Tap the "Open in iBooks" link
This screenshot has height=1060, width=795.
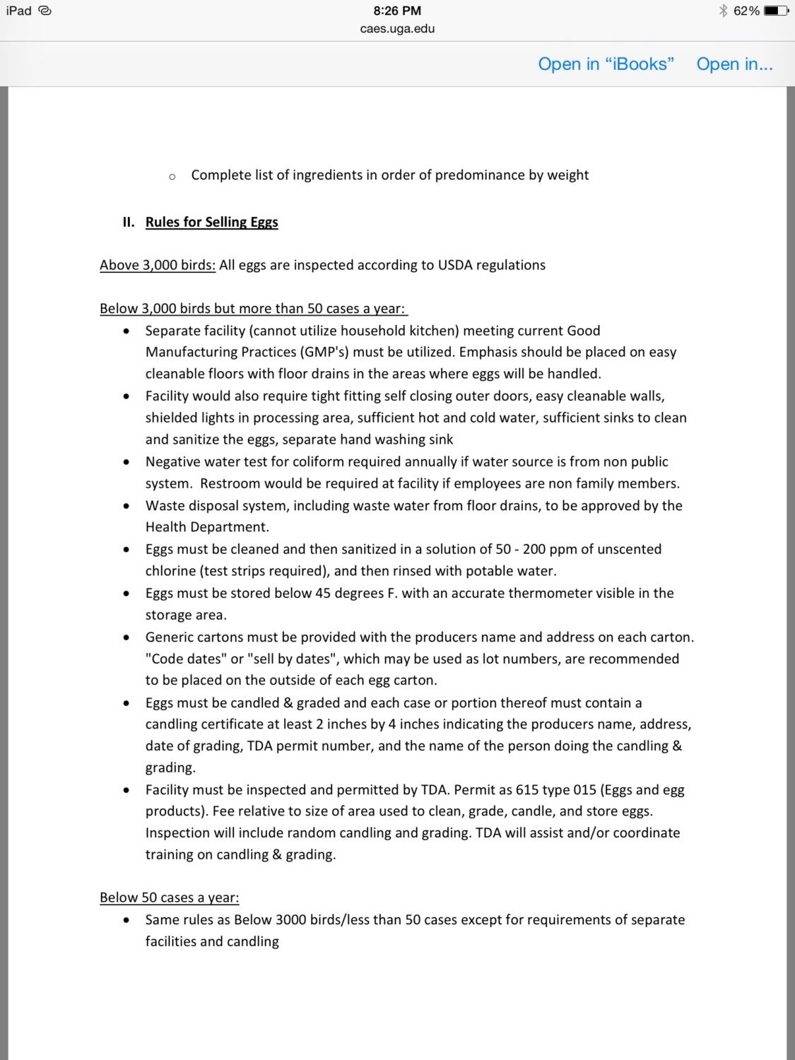606,64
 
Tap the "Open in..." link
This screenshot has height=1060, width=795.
734,64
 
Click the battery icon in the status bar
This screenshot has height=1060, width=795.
775,11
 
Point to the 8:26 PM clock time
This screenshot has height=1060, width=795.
397,11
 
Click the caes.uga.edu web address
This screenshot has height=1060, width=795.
397,29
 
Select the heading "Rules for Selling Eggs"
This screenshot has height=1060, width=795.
211,222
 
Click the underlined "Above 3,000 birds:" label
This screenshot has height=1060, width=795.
158,265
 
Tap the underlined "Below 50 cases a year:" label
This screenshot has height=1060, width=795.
169,897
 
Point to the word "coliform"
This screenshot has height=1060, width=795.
303,461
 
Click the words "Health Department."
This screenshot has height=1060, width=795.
207,527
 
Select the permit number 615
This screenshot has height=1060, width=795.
527,789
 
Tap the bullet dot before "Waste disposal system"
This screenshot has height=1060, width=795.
126,506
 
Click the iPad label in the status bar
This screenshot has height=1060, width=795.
19,11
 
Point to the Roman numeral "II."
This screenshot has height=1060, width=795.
129,222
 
